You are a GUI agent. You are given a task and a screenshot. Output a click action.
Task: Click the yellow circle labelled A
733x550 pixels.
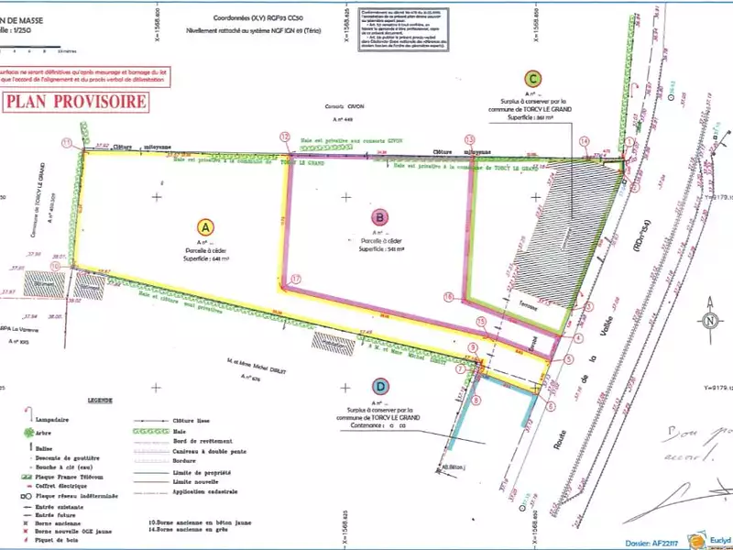(x=207, y=226)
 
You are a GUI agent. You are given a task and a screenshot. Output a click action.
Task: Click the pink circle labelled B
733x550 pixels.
(x=379, y=217)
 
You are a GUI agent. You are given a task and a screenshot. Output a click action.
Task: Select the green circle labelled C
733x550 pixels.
(x=533, y=79)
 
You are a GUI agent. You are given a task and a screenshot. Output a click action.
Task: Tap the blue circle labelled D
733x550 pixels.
(x=379, y=386)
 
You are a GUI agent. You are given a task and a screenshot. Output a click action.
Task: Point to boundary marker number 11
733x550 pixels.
(x=67, y=143)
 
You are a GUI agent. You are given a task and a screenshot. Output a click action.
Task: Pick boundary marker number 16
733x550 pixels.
(x=448, y=296)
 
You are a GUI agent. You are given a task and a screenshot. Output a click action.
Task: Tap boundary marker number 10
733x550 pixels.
(x=55, y=266)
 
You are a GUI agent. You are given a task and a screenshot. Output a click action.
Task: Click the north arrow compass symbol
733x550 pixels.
(x=709, y=321)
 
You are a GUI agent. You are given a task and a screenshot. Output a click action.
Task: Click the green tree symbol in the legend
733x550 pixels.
(x=31, y=431)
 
